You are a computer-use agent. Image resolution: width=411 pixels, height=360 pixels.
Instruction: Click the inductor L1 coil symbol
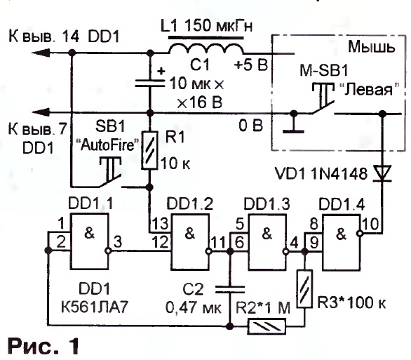[206, 48]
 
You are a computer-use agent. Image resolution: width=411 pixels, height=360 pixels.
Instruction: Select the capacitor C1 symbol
[150, 84]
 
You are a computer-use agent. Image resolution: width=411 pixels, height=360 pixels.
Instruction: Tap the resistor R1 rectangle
[149, 150]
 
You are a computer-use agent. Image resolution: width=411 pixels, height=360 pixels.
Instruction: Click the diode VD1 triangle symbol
[383, 173]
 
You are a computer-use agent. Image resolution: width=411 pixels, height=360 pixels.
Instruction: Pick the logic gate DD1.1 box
[89, 241]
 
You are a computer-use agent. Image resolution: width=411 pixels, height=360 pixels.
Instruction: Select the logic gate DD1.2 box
[190, 241]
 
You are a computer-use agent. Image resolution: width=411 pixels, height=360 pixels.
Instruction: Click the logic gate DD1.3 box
[267, 241]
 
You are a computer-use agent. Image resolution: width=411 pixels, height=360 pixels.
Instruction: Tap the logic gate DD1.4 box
[342, 242]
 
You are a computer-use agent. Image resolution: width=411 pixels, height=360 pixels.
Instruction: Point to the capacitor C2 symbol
[230, 289]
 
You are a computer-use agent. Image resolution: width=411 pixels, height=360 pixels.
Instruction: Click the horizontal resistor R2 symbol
[267, 326]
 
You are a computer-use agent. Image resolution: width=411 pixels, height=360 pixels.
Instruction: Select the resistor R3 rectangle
[304, 288]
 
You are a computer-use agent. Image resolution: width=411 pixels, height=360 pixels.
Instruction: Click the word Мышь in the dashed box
[371, 47]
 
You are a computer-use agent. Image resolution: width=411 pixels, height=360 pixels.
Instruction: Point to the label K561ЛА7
[95, 307]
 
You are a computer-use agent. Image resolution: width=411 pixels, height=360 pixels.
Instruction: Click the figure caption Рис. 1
[43, 346]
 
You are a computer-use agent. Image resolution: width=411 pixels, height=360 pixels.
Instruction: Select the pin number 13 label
[160, 224]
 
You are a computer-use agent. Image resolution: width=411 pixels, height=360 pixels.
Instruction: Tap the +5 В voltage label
[251, 65]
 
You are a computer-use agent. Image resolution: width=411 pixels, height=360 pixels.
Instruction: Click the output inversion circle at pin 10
[360, 234]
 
